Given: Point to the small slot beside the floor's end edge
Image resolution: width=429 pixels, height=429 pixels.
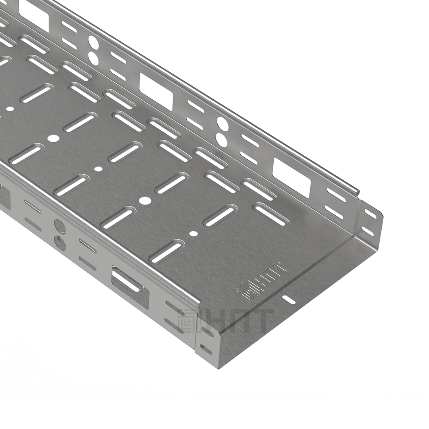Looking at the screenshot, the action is [x=288, y=300].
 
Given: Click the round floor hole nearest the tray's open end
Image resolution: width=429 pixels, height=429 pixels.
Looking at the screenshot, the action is [x=193, y=234].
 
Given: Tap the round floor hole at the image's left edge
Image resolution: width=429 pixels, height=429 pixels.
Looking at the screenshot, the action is [x=10, y=109].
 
